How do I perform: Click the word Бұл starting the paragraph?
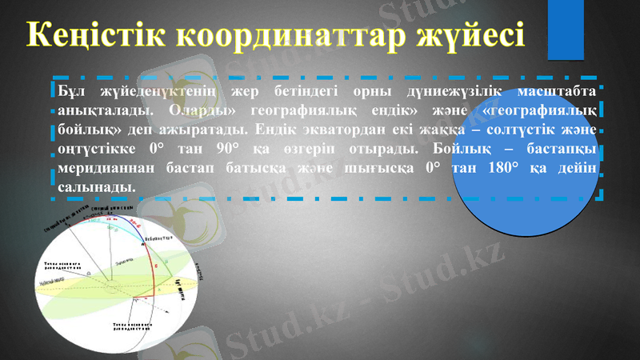[x=73, y=87]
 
